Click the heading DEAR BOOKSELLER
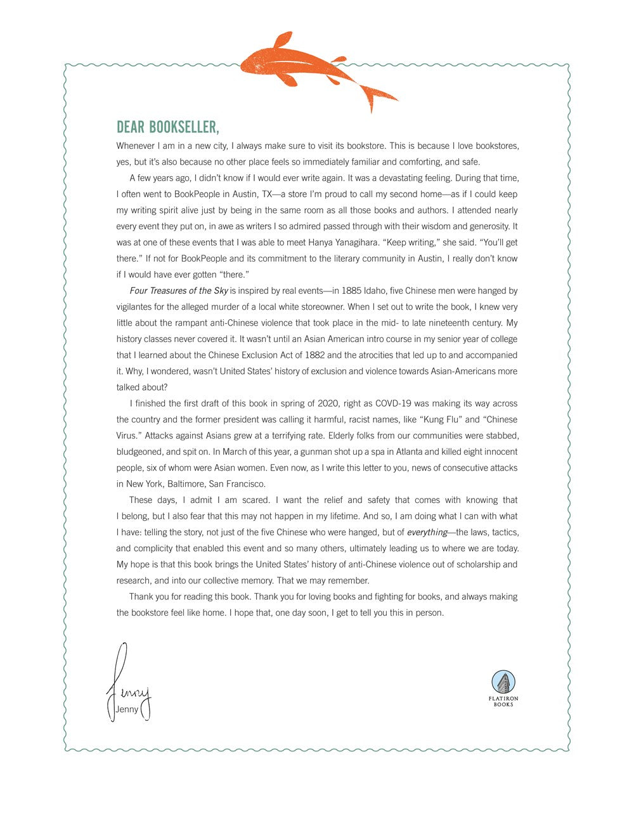(168, 127)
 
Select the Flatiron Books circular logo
(503, 682)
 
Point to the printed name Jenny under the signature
(127, 709)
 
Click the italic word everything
(427, 532)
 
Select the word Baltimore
(186, 484)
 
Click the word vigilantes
(138, 307)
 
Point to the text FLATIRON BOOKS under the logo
(503, 701)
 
